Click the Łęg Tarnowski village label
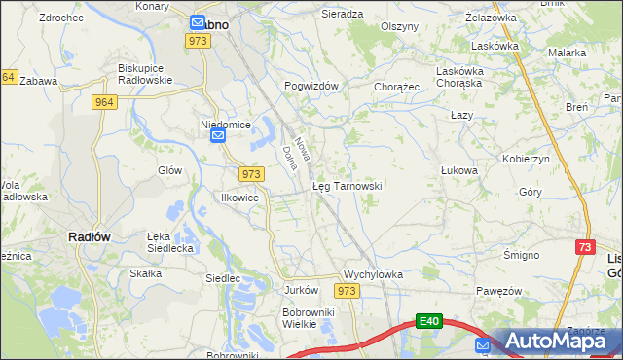(347, 185)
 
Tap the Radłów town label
(89, 236)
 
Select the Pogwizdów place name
(311, 86)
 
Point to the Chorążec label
(396, 86)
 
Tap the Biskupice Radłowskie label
(144, 74)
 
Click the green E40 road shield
(430, 320)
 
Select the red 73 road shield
(585, 249)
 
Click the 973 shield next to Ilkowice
(251, 173)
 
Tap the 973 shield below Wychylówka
(347, 291)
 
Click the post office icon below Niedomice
(219, 137)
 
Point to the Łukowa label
(459, 170)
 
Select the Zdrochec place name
(59, 18)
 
